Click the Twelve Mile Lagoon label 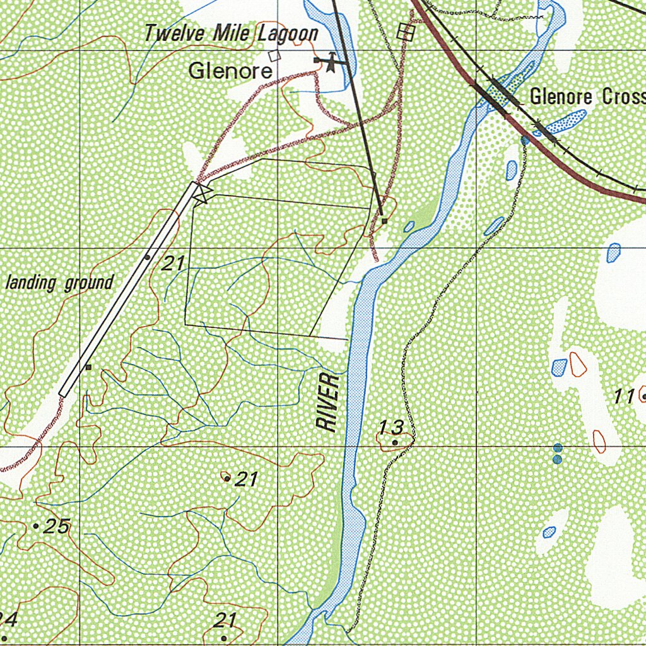pyautogui.click(x=231, y=33)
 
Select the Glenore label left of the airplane pyautogui.click(x=230, y=71)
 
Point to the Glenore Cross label pyautogui.click(x=587, y=97)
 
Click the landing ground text pyautogui.click(x=60, y=283)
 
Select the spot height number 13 pyautogui.click(x=391, y=428)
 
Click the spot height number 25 pyautogui.click(x=57, y=526)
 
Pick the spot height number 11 pyautogui.click(x=625, y=397)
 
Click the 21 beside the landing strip pyautogui.click(x=172, y=264)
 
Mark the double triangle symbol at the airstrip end pyautogui.click(x=201, y=193)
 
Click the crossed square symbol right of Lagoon pyautogui.click(x=406, y=32)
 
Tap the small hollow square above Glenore pyautogui.click(x=274, y=56)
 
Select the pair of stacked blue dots pyautogui.click(x=557, y=454)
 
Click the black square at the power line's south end pyautogui.click(x=384, y=221)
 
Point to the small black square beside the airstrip pyautogui.click(x=88, y=367)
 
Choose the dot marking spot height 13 pyautogui.click(x=395, y=443)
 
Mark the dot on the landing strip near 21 pyautogui.click(x=147, y=257)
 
